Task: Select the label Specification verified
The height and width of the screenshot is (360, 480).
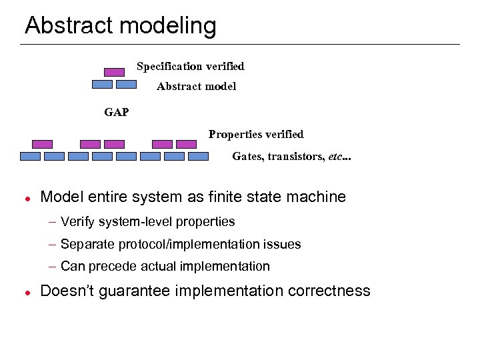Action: [x=190, y=66]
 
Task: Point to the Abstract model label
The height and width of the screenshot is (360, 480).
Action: [x=196, y=86]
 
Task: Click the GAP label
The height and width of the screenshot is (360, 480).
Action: [x=117, y=112]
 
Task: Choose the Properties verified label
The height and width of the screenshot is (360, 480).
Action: [x=255, y=134]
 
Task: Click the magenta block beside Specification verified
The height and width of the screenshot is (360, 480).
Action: [x=115, y=72]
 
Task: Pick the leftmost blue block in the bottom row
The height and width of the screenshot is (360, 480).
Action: [x=31, y=157]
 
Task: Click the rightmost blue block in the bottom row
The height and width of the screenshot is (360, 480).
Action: [x=199, y=157]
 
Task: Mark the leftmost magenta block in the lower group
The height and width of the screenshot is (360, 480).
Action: [x=43, y=144]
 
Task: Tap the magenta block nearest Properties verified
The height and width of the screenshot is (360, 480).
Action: [x=186, y=144]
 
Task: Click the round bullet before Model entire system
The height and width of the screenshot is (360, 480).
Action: [x=25, y=199]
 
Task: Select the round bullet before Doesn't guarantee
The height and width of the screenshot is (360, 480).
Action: [x=25, y=293]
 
